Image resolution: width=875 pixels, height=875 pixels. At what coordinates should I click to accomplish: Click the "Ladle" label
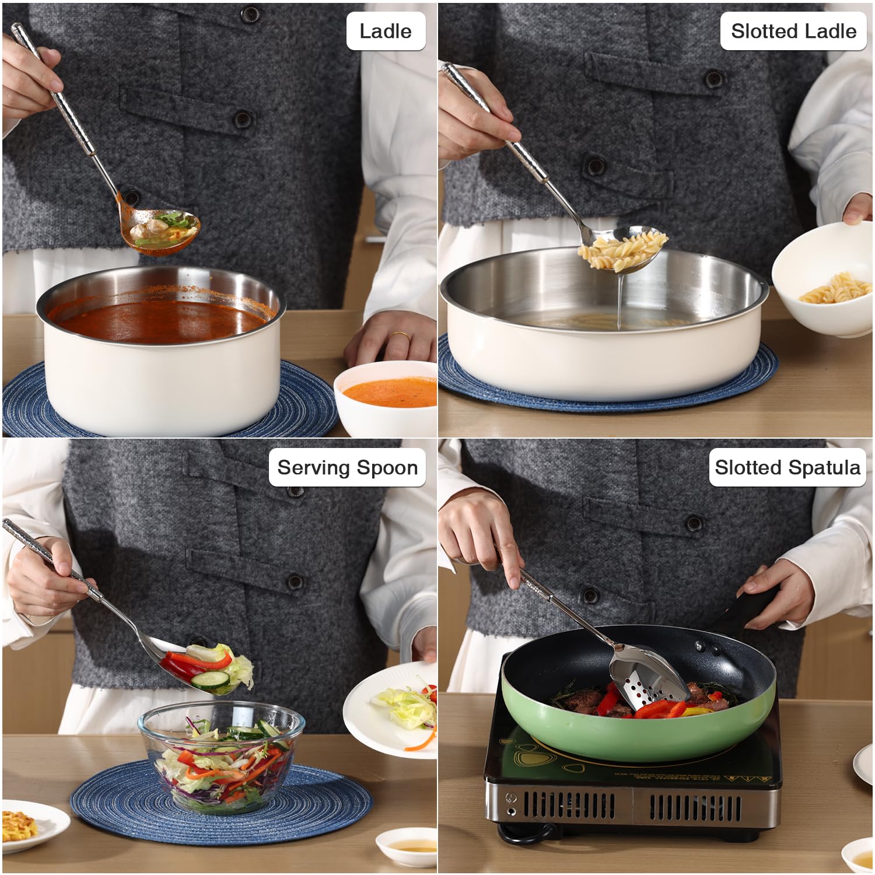tap(385, 31)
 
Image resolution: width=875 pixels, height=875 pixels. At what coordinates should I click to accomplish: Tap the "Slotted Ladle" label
tap(793, 31)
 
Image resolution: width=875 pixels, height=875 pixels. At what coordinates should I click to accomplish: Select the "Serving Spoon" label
tap(347, 467)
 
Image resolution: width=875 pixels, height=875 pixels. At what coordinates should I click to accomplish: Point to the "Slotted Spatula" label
tap(787, 467)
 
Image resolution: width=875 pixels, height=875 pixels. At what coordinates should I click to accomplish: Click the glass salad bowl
tap(221, 756)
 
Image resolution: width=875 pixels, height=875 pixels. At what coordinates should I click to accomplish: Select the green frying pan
tap(639, 694)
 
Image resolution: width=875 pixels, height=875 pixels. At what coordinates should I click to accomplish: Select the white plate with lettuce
tap(390, 709)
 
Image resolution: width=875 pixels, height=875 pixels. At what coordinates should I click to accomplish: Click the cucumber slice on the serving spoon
tap(210, 680)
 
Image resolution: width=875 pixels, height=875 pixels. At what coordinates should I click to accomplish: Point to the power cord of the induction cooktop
tap(528, 834)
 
